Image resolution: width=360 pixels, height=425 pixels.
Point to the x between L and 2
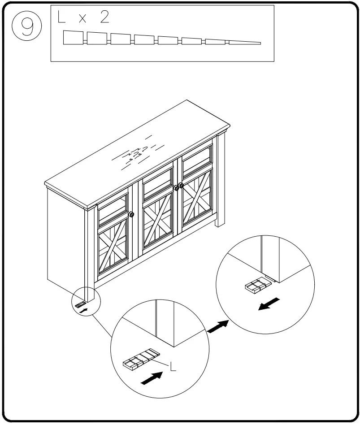tap(82, 20)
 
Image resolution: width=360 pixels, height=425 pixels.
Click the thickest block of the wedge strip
tap(74, 38)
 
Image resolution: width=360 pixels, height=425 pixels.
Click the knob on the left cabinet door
tap(131, 214)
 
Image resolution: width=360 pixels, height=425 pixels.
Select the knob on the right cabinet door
tap(182, 185)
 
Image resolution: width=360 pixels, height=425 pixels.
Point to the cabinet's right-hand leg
tap(221, 179)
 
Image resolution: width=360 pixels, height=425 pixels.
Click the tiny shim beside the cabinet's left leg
tap(81, 304)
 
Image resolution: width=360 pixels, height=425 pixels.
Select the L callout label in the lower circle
tap(173, 366)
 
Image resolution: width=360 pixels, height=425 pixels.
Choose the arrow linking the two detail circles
tap(217, 326)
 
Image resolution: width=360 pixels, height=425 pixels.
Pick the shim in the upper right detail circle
tap(259, 285)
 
